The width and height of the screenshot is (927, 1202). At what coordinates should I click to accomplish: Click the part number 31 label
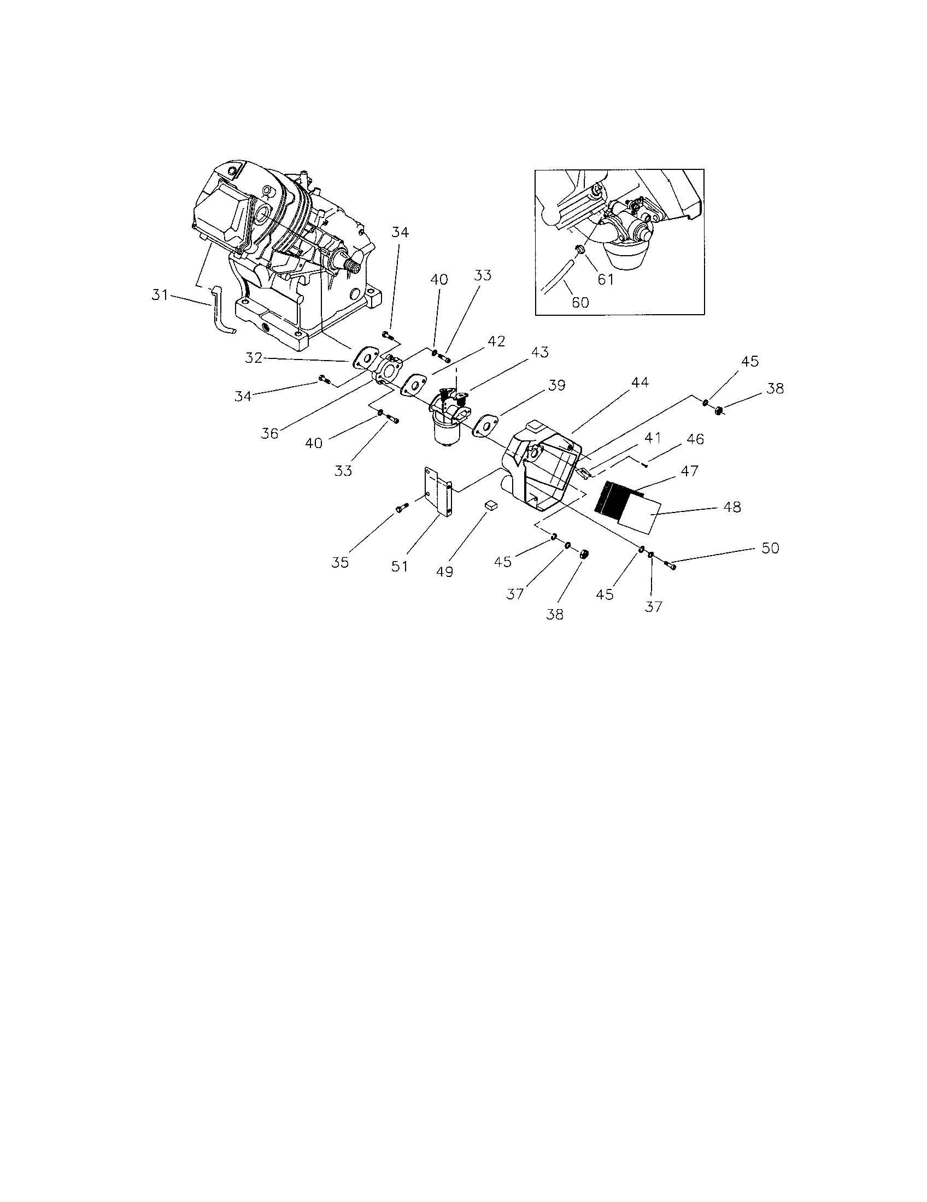pyautogui.click(x=159, y=296)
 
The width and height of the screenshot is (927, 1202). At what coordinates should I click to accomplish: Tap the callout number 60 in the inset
pyautogui.click(x=580, y=302)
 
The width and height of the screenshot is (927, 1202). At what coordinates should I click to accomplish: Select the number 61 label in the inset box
pyautogui.click(x=605, y=280)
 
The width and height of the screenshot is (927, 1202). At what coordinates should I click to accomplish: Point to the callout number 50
pyautogui.click(x=770, y=548)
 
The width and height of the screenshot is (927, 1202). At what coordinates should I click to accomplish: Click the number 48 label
pyautogui.click(x=732, y=507)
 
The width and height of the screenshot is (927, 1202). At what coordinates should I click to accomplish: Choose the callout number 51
pyautogui.click(x=400, y=566)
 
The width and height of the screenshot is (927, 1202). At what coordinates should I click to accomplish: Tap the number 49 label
pyautogui.click(x=444, y=572)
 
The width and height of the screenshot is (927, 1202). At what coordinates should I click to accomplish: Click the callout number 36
pyautogui.click(x=269, y=433)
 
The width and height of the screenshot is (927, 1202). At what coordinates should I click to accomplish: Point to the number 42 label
pyautogui.click(x=496, y=341)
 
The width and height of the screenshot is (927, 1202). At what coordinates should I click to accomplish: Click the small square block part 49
pyautogui.click(x=491, y=505)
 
